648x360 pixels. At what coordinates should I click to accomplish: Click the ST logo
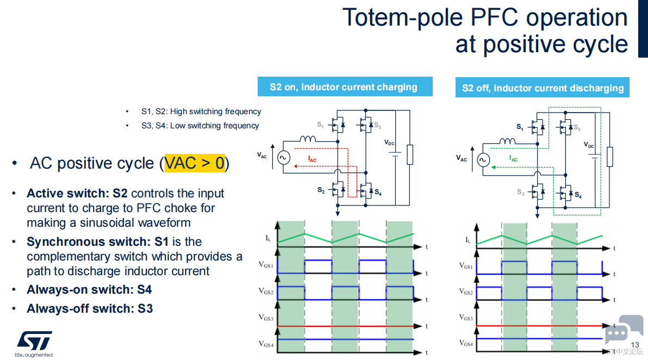34,341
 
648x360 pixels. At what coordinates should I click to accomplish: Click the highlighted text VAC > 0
195,163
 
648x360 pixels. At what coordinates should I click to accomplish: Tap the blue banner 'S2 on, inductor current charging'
345,87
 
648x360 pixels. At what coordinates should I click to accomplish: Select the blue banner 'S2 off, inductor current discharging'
542,88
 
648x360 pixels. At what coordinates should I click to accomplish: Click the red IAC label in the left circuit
312,159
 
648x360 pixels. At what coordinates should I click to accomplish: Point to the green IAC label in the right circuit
513,158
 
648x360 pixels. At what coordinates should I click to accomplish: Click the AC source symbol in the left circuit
284,158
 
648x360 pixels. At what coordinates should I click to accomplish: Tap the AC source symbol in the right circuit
483,159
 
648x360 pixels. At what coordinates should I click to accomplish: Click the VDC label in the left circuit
389,142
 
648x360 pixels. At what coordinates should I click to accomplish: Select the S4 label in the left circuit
378,192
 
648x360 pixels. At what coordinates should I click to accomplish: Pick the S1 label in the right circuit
520,127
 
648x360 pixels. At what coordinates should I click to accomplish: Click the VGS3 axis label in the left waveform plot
266,318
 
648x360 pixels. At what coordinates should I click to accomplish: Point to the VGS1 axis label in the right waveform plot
466,266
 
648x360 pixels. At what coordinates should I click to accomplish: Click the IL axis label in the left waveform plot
268,238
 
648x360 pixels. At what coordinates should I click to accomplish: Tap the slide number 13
635,345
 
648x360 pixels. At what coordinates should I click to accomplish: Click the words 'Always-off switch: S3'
90,309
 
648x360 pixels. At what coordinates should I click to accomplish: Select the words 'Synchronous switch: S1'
97,242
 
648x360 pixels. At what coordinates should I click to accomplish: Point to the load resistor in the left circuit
410,154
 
